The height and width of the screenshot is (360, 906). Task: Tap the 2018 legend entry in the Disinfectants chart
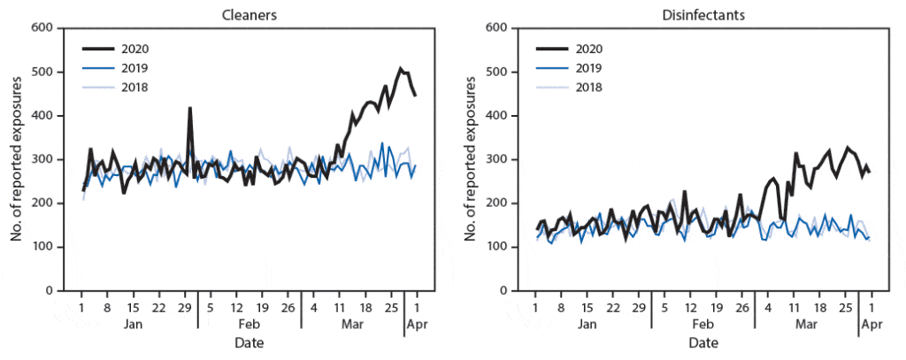[x=588, y=87]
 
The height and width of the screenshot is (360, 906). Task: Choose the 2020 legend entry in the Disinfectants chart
[x=588, y=48]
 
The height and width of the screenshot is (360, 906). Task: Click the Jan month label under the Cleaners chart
[x=133, y=325]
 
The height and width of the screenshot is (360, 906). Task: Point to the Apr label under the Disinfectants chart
[x=871, y=325]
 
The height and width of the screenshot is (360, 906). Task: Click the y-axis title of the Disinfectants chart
[x=470, y=159]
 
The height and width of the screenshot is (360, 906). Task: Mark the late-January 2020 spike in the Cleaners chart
[x=189, y=109]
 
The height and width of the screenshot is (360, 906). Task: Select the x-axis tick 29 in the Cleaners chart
[x=185, y=308]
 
